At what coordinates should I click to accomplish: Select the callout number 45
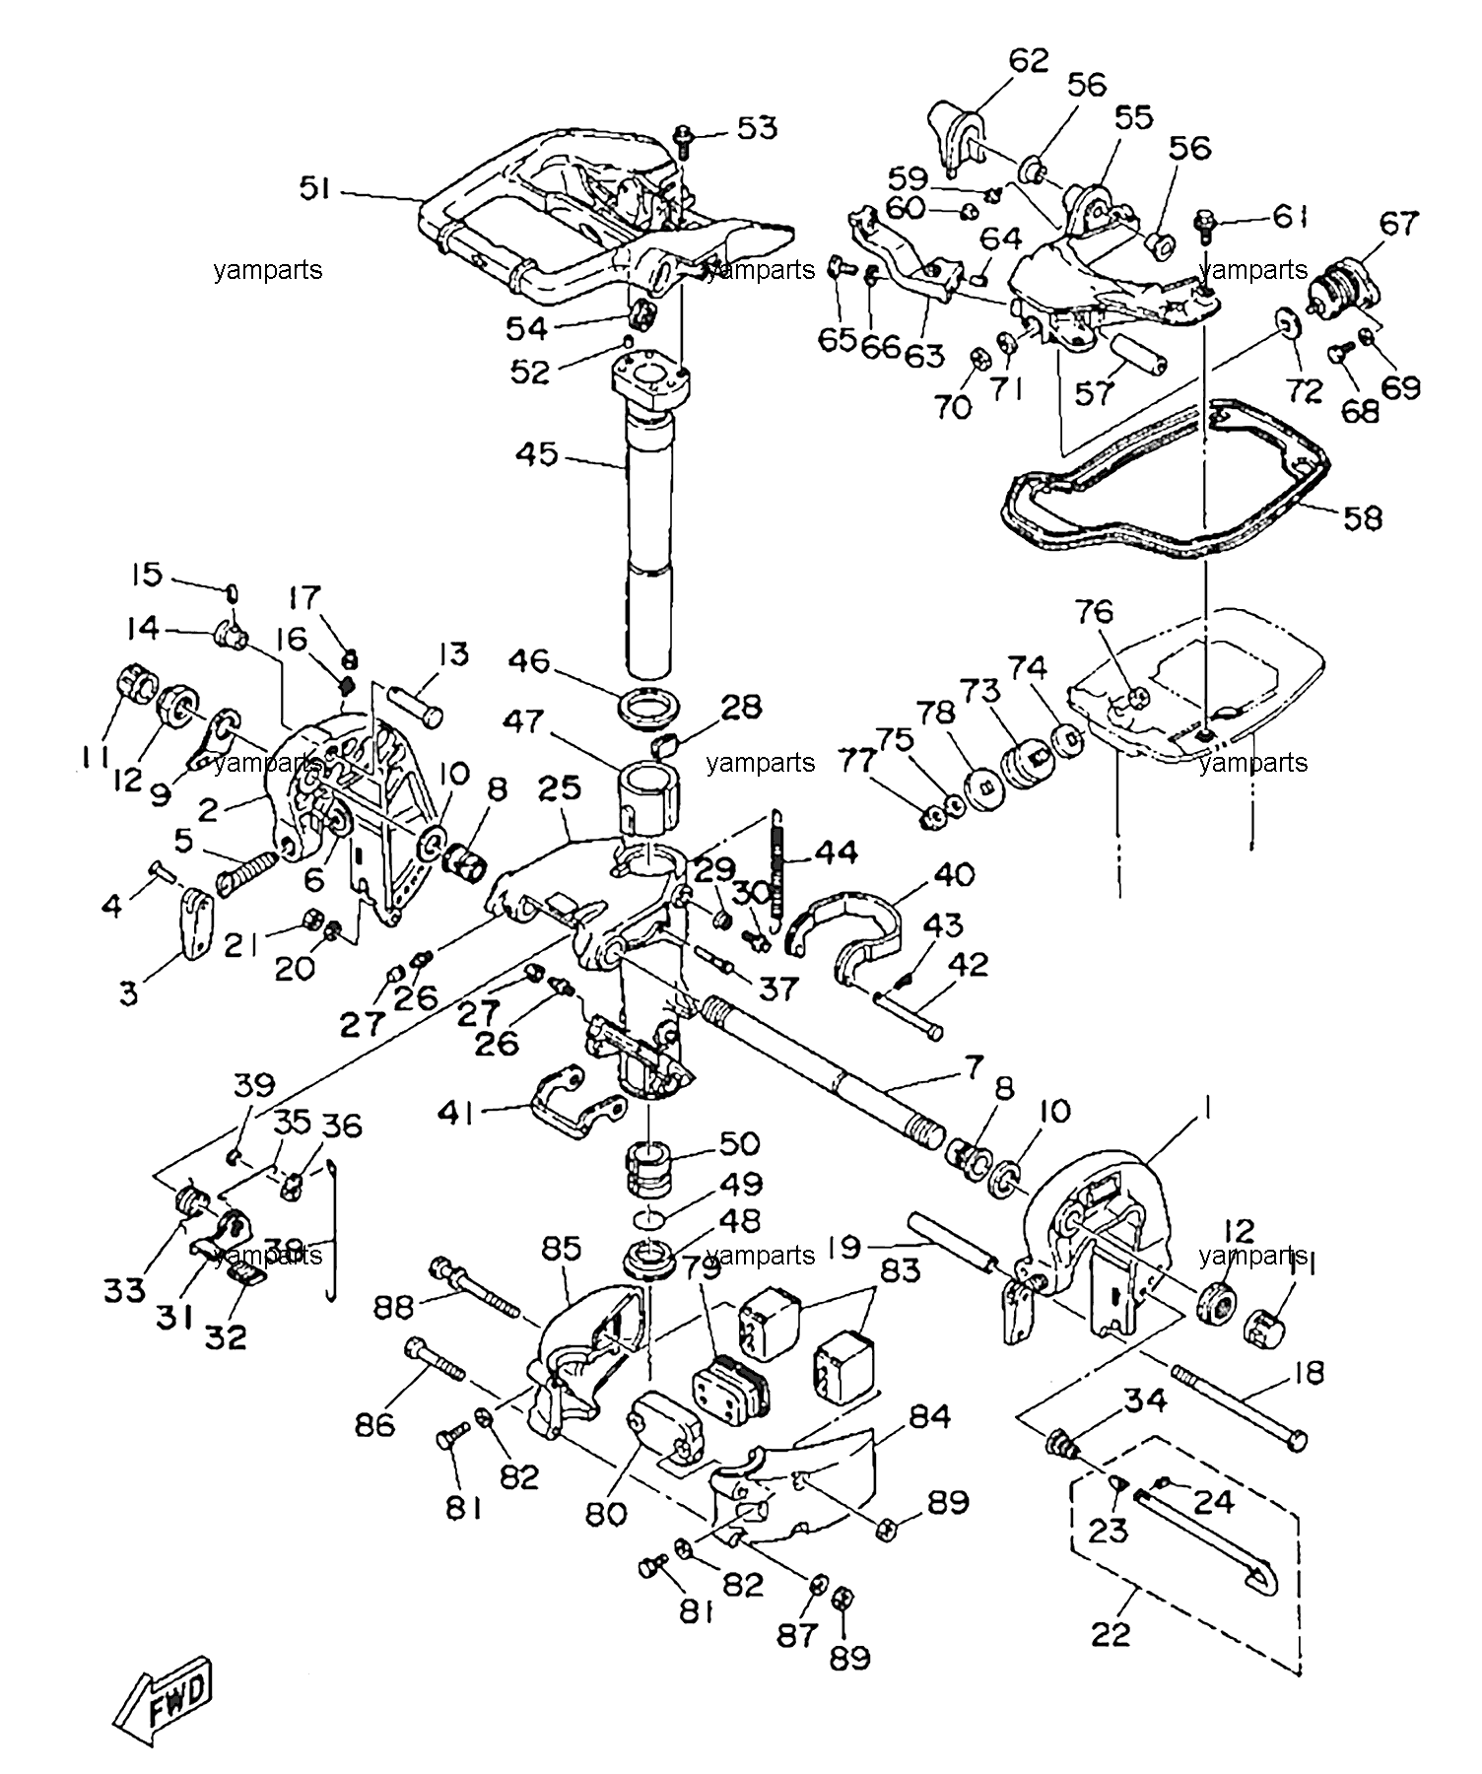point(537,455)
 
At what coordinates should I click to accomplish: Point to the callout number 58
point(1362,518)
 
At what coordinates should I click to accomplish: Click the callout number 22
point(1111,1634)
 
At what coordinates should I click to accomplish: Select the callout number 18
point(1308,1373)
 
